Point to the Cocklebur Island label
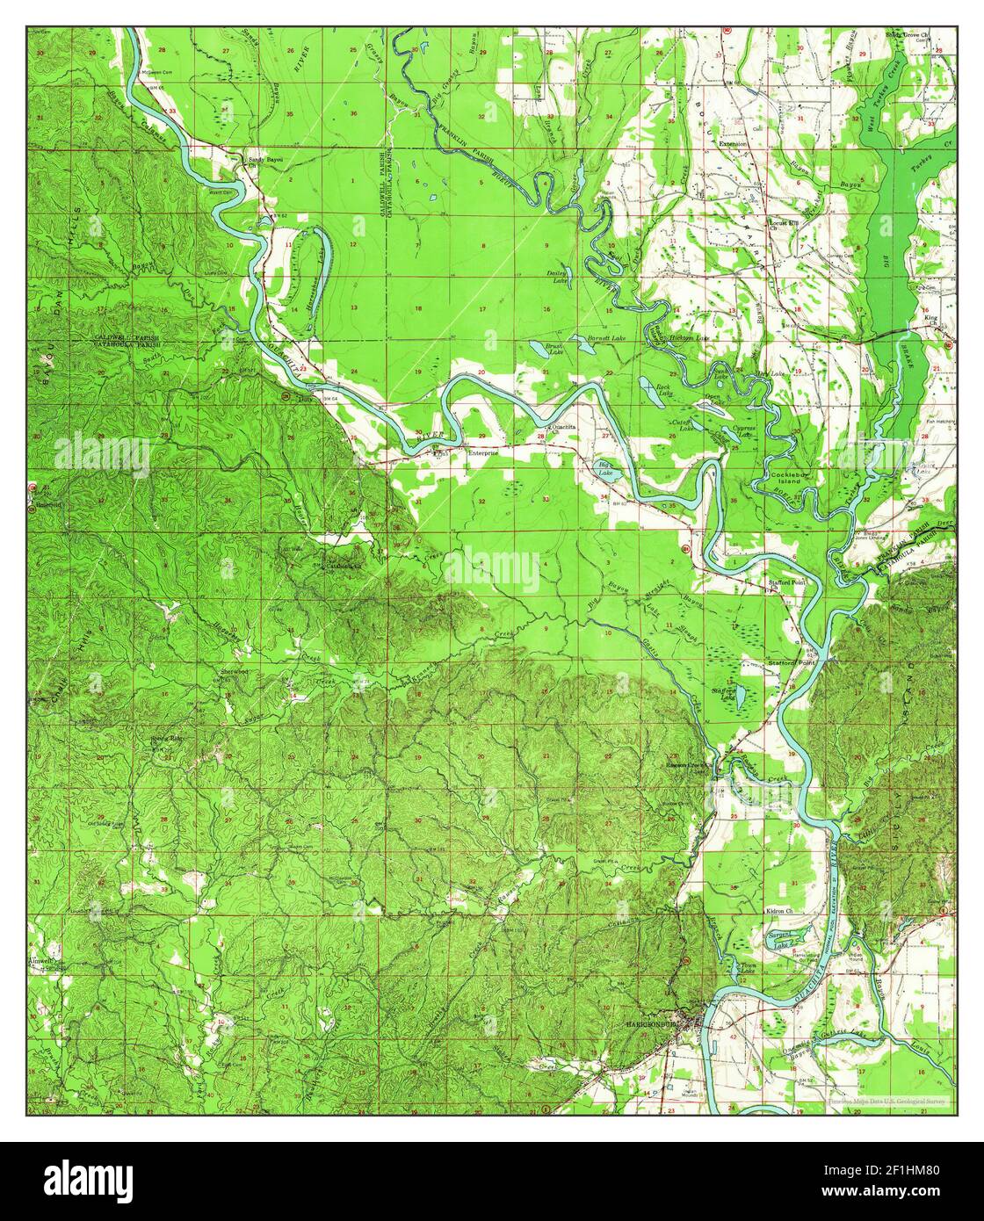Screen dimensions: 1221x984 pyautogui.click(x=787, y=478)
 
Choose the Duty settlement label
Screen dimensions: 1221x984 pyautogui.click(x=307, y=399)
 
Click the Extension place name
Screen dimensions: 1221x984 pyautogui.click(x=733, y=143)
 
